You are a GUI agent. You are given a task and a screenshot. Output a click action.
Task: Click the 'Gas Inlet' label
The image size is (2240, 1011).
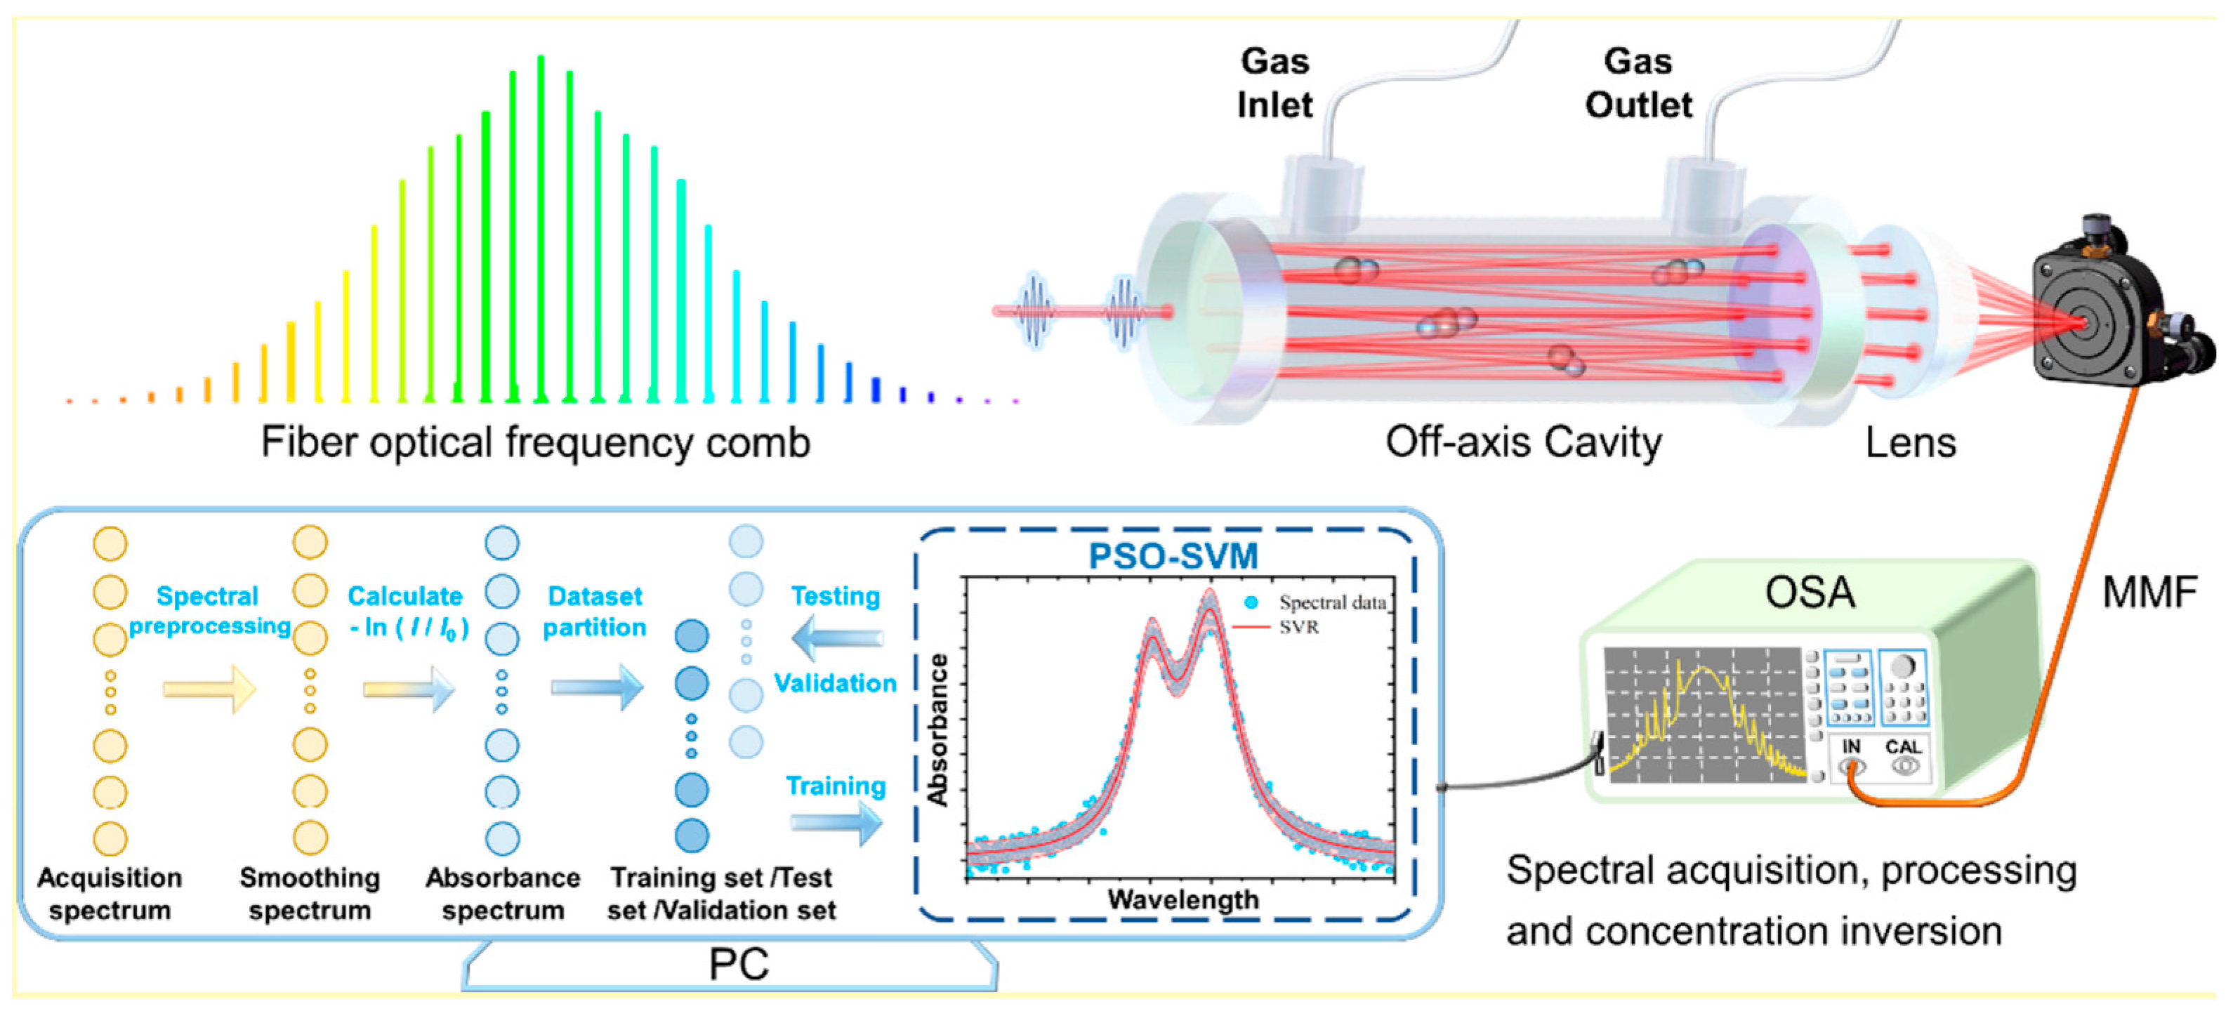tap(1274, 84)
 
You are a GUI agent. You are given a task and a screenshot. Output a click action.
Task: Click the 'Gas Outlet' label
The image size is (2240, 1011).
tap(1638, 84)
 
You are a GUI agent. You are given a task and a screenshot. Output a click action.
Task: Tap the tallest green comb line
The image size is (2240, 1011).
tap(541, 226)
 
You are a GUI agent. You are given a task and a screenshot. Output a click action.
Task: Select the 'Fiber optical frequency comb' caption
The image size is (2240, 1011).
tap(536, 442)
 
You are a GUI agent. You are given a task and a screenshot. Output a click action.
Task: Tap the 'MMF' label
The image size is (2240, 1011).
tap(2149, 593)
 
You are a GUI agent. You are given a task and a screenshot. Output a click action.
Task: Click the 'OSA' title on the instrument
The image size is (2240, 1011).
tap(1810, 593)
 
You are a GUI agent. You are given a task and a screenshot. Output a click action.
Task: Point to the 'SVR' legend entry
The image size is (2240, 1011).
tap(1298, 628)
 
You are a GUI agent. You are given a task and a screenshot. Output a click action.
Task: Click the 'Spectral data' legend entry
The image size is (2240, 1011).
tap(1331, 602)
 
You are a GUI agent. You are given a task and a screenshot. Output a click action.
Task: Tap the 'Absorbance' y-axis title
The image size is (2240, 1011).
tap(937, 730)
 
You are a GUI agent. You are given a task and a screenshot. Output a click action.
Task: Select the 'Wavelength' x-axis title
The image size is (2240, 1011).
tap(1182, 900)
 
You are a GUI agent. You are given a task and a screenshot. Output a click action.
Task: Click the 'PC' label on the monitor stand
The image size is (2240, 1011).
tap(739, 964)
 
